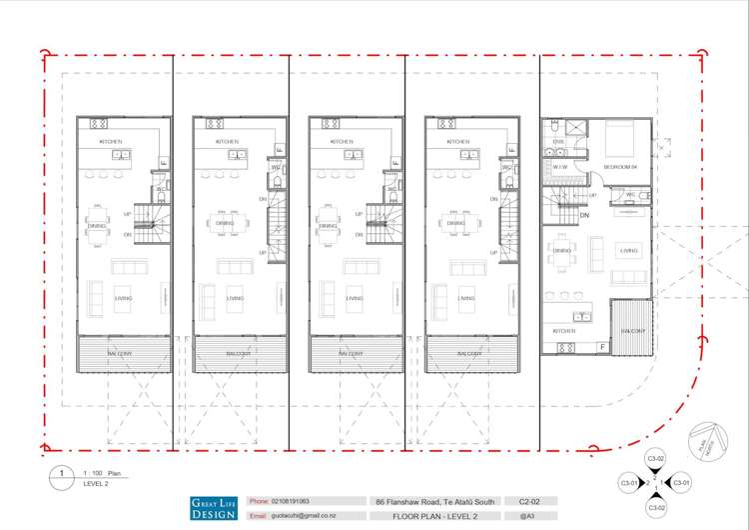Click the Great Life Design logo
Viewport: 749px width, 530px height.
tap(214, 507)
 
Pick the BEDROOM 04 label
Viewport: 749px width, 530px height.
tap(621, 166)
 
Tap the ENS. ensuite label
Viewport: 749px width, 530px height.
tap(558, 143)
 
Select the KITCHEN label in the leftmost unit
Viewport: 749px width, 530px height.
tap(110, 142)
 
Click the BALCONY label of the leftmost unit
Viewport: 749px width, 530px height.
tap(123, 353)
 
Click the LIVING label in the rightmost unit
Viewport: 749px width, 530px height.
tap(628, 251)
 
